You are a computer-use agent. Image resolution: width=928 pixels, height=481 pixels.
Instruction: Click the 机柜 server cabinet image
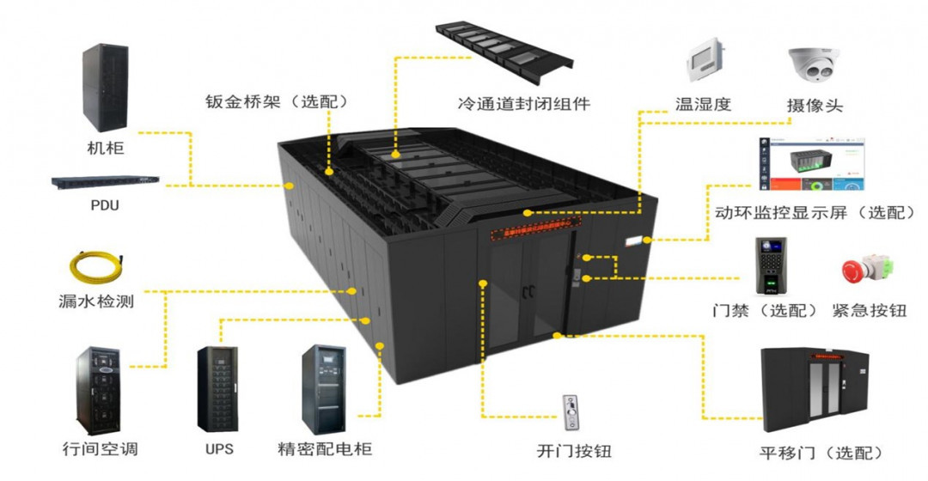tap(105, 88)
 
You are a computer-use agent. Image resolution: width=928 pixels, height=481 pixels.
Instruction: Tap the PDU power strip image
tap(106, 181)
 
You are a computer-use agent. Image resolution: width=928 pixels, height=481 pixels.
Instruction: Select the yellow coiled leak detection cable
tap(96, 265)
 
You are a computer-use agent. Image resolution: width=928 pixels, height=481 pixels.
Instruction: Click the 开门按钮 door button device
tap(571, 413)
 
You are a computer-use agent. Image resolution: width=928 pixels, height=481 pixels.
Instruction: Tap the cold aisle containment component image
tap(504, 51)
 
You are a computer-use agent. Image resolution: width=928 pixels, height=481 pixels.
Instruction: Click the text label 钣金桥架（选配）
tap(278, 101)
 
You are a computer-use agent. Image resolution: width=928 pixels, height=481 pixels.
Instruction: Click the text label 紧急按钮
tap(869, 310)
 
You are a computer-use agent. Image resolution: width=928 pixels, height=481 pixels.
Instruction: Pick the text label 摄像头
tap(815, 106)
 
